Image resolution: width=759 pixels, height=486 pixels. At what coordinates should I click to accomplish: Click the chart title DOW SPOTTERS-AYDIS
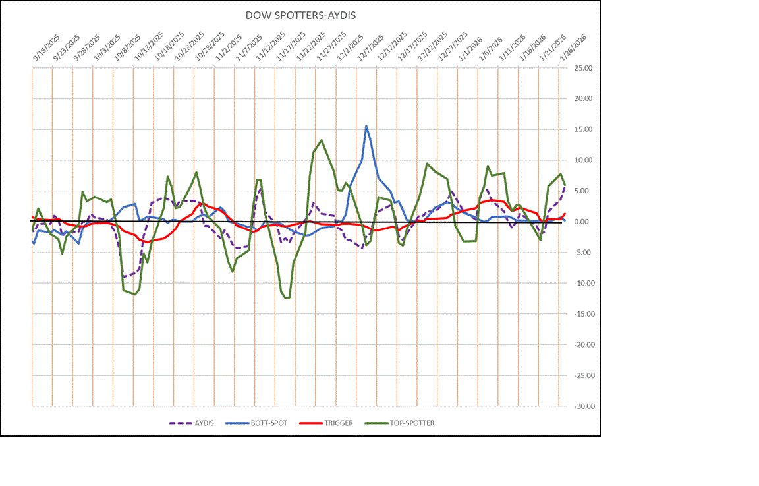pos(300,15)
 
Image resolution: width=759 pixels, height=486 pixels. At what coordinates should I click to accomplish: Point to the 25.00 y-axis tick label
pos(583,68)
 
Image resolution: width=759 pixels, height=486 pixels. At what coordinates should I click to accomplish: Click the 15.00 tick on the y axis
pos(583,129)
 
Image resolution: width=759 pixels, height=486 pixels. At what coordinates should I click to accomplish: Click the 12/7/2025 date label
pos(371,49)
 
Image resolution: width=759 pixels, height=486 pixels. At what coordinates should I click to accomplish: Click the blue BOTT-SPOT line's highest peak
pos(366,126)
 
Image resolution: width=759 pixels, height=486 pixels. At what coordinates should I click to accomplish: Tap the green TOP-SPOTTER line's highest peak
pos(321,140)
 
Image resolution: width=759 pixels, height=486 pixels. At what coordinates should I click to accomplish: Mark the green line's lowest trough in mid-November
pos(287,298)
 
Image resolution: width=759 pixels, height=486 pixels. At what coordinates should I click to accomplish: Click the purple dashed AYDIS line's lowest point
pos(124,277)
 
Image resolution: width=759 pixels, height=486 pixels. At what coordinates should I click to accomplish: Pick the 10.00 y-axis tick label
pos(583,160)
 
